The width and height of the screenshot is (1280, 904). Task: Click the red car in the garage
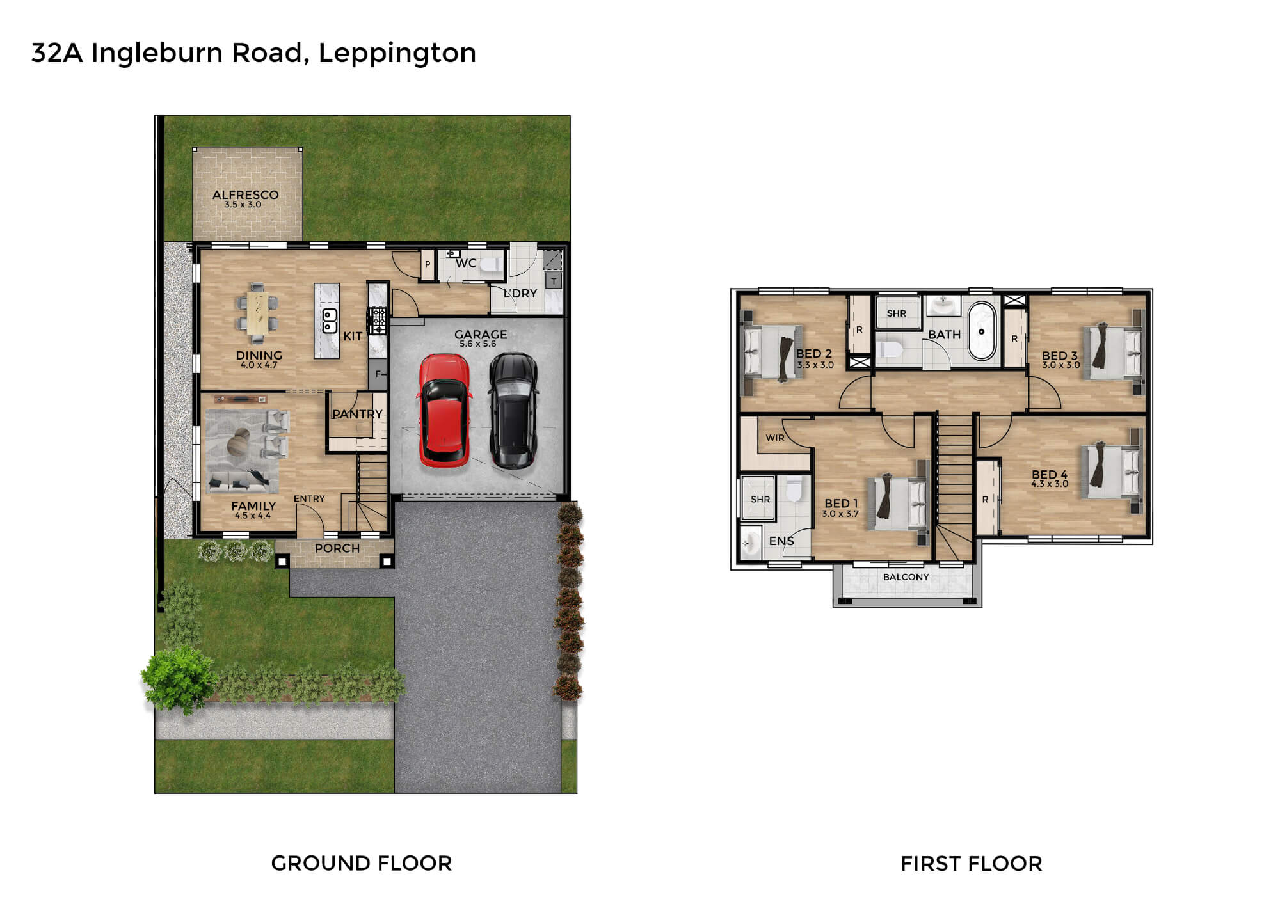tap(445, 410)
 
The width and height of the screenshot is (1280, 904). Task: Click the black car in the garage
tap(513, 410)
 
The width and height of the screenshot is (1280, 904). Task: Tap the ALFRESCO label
tap(245, 194)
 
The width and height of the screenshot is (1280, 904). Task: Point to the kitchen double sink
tap(329, 321)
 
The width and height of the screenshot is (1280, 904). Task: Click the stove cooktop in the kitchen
tap(377, 320)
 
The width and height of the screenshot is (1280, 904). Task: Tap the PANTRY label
tap(357, 414)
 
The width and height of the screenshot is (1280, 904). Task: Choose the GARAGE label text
tap(481, 334)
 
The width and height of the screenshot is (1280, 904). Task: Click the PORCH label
tap(337, 548)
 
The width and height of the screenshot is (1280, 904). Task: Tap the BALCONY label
tap(906, 577)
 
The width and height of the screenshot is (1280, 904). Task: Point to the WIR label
tap(775, 438)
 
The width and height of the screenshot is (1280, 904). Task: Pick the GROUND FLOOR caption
tap(362, 863)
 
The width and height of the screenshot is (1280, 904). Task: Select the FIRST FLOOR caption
tap(972, 864)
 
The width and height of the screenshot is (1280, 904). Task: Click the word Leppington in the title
tap(397, 54)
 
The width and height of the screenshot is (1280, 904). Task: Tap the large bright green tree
tap(179, 678)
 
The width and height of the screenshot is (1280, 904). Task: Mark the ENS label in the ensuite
tap(781, 541)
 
